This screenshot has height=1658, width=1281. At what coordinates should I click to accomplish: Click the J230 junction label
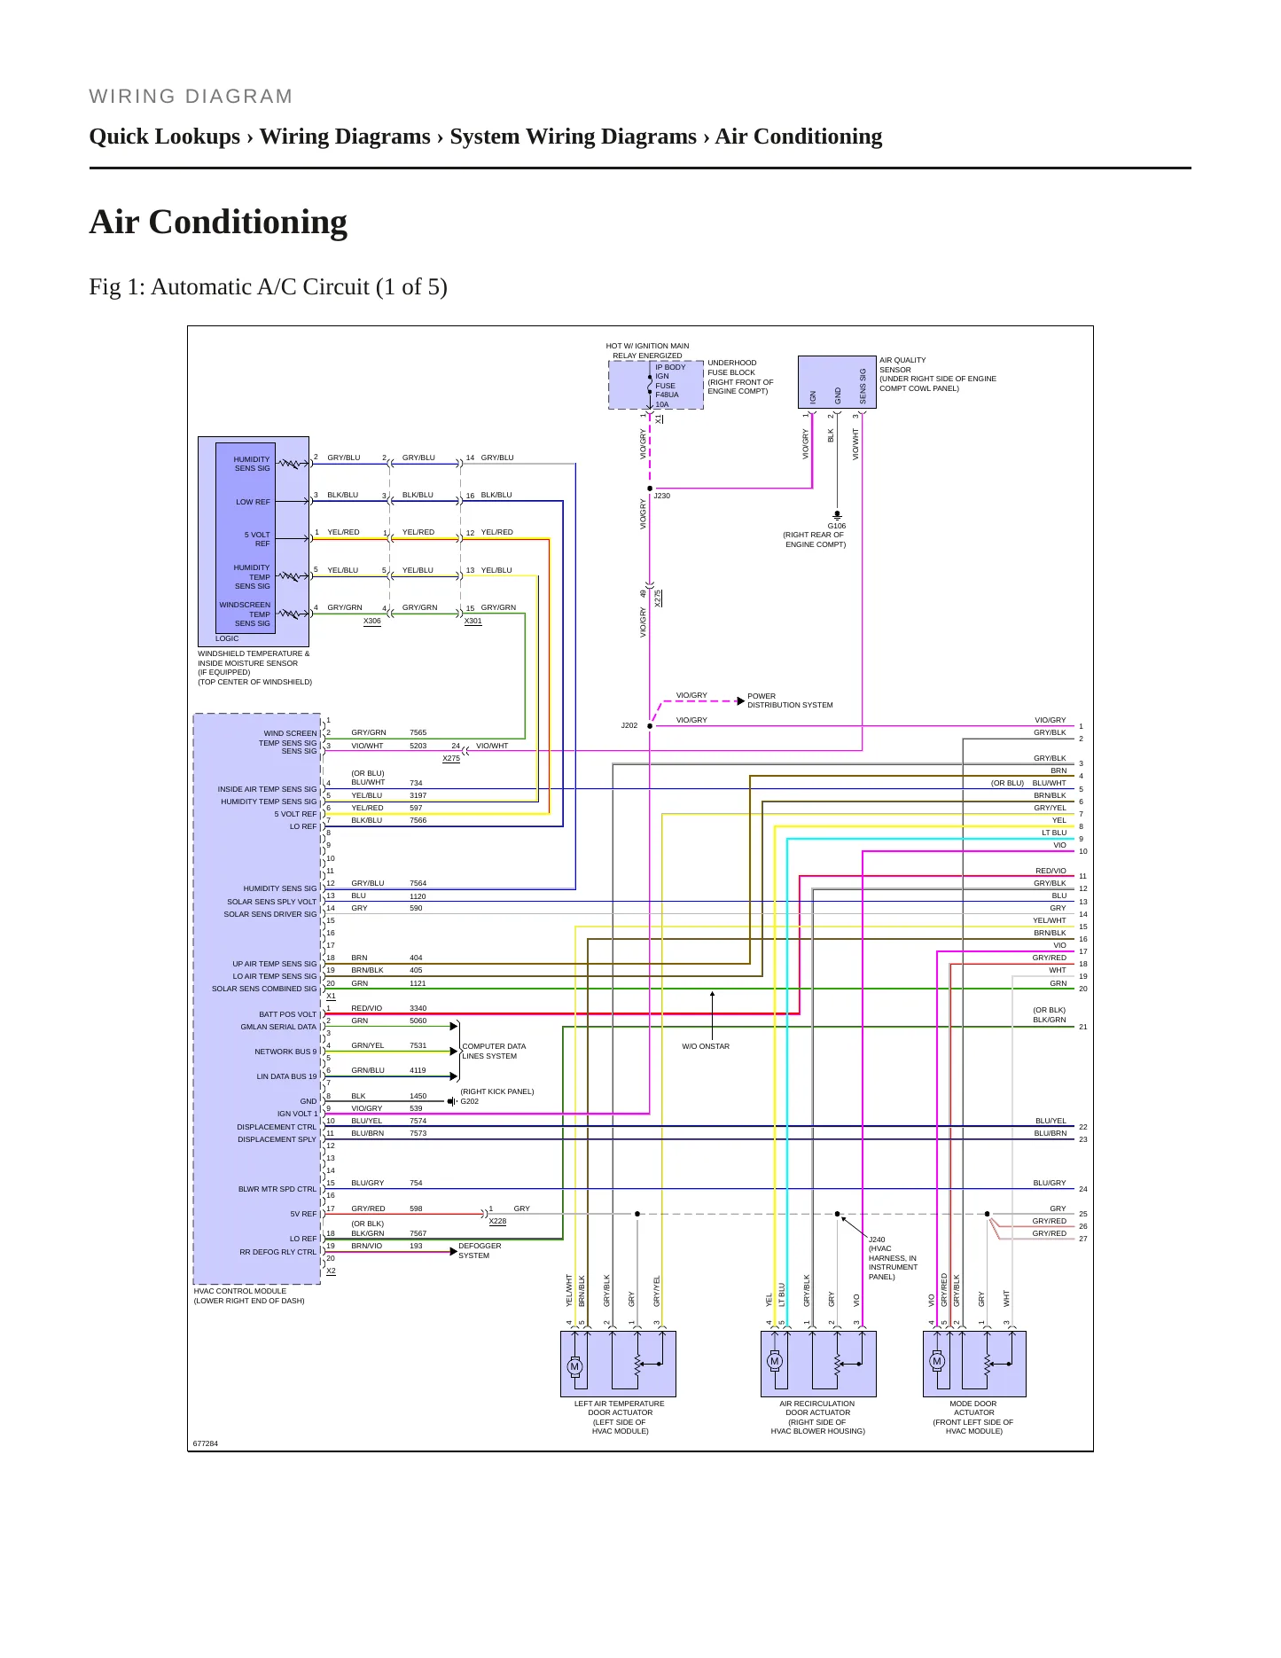[x=662, y=496]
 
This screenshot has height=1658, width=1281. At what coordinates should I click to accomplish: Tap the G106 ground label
[x=837, y=526]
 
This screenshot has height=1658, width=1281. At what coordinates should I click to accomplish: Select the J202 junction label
[x=629, y=725]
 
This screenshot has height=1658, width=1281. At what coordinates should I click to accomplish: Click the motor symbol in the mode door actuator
[x=937, y=1361]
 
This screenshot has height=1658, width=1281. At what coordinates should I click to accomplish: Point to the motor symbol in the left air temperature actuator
[x=574, y=1366]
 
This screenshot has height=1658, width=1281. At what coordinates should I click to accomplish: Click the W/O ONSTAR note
[x=706, y=1046]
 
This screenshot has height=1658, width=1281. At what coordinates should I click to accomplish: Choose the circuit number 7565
[x=418, y=732]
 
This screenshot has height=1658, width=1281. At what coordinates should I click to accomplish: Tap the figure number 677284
[x=206, y=1443]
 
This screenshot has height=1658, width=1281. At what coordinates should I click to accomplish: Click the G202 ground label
[x=470, y=1101]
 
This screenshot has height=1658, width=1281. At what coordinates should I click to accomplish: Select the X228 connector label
[x=498, y=1221]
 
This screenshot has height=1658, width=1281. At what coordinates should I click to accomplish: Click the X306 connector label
[x=372, y=621]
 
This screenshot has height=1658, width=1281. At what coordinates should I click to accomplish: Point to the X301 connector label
[x=473, y=621]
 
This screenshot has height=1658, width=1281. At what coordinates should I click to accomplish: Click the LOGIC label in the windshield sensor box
[x=227, y=638]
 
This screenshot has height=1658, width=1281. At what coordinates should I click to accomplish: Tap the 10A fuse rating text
[x=662, y=404]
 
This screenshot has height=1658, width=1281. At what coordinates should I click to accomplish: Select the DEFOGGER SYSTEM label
[x=480, y=1250]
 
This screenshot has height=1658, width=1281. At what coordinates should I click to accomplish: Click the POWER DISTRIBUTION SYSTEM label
[x=790, y=700]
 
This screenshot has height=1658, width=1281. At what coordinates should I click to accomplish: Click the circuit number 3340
[x=418, y=1008]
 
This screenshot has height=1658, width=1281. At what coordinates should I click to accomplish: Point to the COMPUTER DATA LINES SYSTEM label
[x=494, y=1051]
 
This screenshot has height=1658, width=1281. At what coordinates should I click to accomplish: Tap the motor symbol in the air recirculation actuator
[x=774, y=1361]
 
